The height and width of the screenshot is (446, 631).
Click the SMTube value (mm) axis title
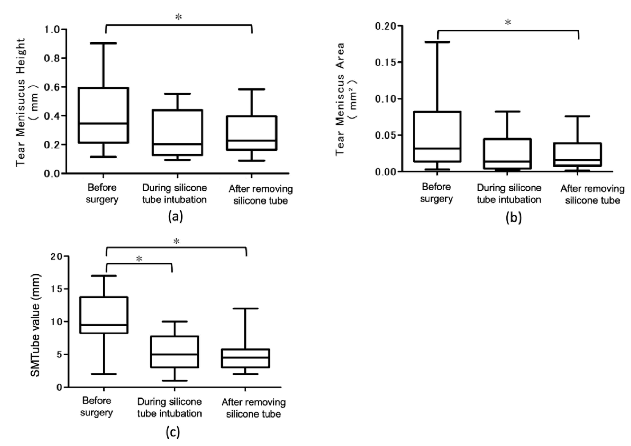(x=35, y=326)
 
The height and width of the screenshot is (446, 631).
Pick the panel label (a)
(x=175, y=217)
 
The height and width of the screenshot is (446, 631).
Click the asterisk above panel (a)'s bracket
(x=179, y=17)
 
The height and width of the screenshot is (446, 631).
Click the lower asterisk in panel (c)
(x=139, y=259)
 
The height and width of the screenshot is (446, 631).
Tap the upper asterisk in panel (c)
(x=176, y=241)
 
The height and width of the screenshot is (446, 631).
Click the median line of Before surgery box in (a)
(x=103, y=123)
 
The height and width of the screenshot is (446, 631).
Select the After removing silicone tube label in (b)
(x=592, y=195)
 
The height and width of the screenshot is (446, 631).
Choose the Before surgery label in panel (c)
(x=97, y=407)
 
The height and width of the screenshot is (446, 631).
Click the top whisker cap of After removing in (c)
(x=245, y=308)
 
